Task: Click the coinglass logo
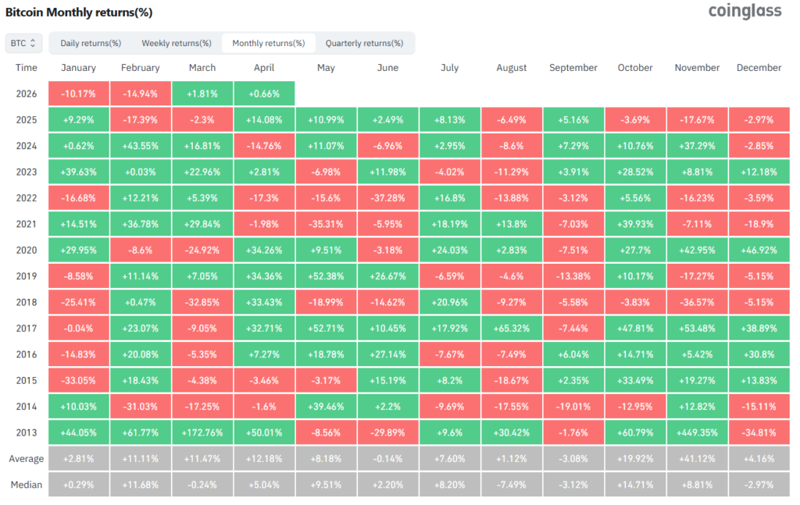point(744,12)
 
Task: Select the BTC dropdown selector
point(23,43)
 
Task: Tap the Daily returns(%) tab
point(91,43)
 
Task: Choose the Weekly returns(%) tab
point(176,43)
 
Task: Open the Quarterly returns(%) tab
point(364,43)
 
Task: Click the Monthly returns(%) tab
point(269,43)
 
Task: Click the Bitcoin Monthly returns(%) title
point(79,12)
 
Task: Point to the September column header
point(573,68)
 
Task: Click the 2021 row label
point(26,224)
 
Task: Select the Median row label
point(26,484)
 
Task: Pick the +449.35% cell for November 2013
point(697,432)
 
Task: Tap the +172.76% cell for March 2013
point(202,432)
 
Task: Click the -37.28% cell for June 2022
point(387,197)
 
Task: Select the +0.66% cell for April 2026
point(264,94)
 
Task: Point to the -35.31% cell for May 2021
point(326,224)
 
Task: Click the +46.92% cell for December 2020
point(759,250)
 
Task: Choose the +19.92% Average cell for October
point(635,458)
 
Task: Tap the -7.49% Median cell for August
point(511,484)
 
